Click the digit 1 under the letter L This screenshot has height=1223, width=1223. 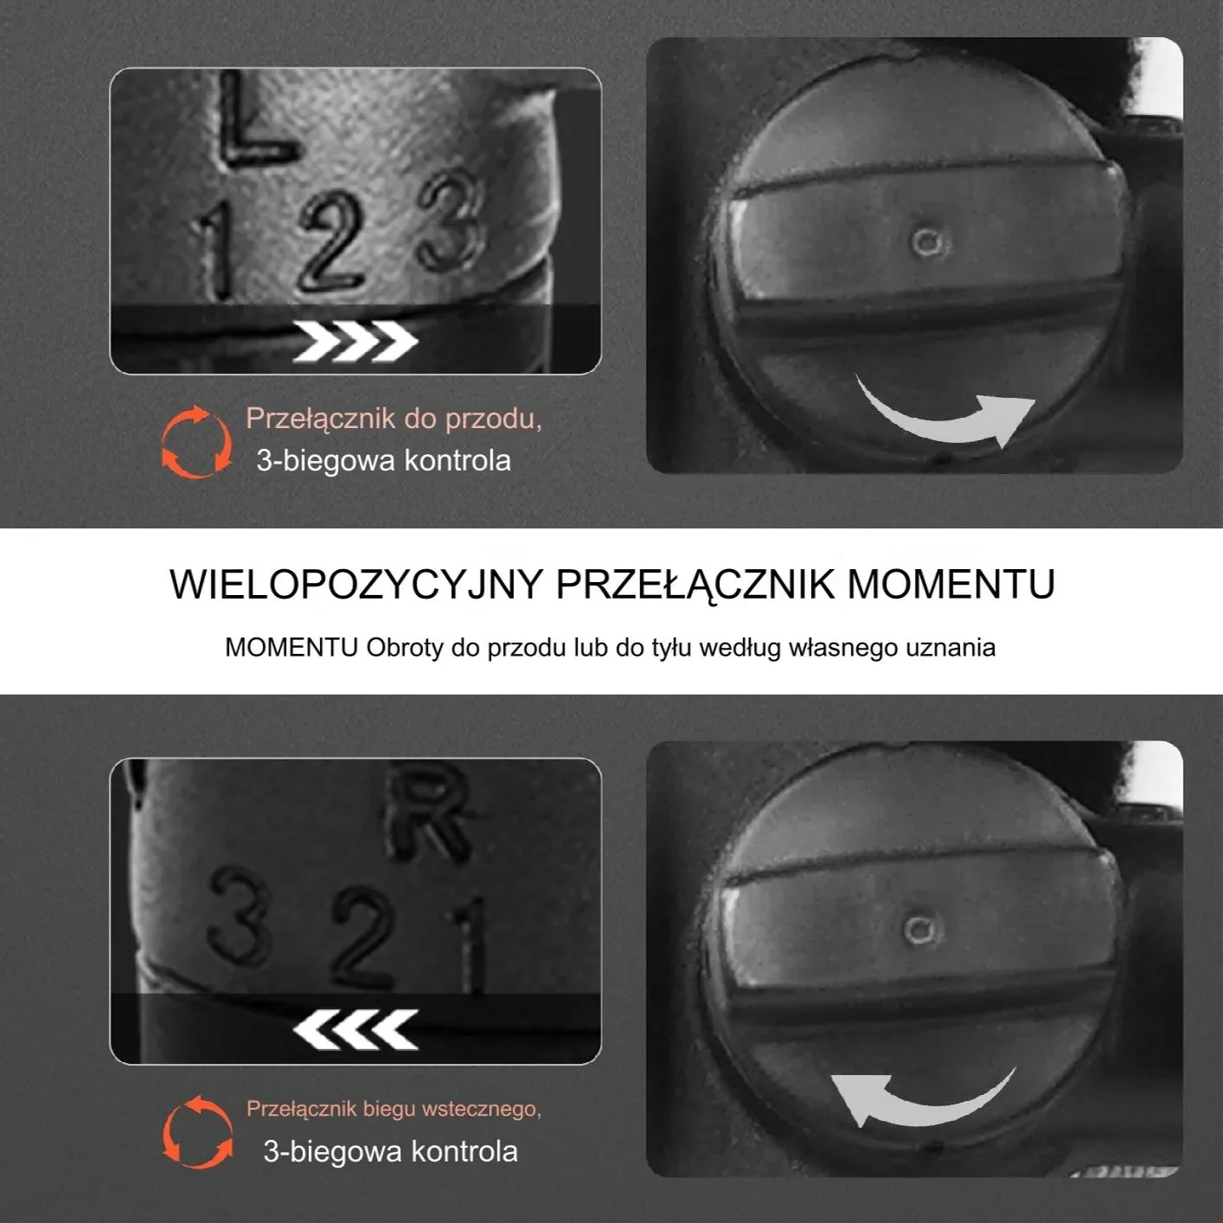coord(213,251)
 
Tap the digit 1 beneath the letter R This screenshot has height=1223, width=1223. coord(469,945)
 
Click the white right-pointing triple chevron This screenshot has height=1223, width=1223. coord(355,341)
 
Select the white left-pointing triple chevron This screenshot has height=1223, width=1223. coord(355,1029)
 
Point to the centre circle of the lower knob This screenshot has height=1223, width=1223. coord(919,931)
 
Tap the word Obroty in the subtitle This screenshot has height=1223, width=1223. coord(405,648)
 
